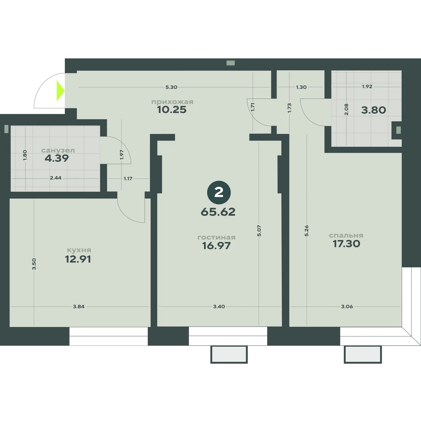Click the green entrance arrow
[60, 91]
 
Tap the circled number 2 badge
[219, 193]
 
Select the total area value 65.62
[218, 212]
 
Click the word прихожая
[172, 102]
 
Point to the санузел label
[58, 151]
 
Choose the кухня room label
[79, 250]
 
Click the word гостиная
[216, 238]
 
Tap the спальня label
[346, 235]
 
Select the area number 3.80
[374, 110]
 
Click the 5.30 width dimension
[171, 87]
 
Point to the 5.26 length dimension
[307, 231]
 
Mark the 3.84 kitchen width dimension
[79, 307]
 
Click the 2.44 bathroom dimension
[56, 178]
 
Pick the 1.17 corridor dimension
[128, 179]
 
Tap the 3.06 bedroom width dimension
[347, 307]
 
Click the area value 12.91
[78, 259]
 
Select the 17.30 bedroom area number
[346, 244]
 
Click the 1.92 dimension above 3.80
[367, 87]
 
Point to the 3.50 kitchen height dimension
[34, 264]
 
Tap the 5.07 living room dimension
[259, 231]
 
